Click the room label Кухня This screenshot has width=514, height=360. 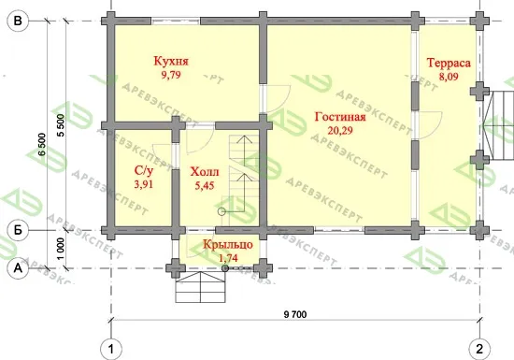click(171, 62)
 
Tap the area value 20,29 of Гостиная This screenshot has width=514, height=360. click(340, 131)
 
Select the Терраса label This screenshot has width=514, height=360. click(449, 63)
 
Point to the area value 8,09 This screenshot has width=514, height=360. click(449, 77)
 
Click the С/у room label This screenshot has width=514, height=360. click(144, 171)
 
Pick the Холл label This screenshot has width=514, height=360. click(205, 172)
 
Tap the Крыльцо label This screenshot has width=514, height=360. click(228, 245)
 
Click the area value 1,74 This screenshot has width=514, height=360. click(228, 258)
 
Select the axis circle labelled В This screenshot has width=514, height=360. click(18, 21)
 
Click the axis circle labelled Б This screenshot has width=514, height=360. click(18, 230)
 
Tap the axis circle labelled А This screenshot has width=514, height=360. click(18, 268)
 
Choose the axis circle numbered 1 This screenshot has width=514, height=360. click(111, 349)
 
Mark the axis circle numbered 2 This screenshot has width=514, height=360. click(479, 349)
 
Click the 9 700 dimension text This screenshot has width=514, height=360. click(295, 315)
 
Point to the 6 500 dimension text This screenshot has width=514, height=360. click(43, 144)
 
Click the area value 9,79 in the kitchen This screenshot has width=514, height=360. click(171, 75)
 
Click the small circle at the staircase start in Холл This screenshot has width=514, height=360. click(221, 211)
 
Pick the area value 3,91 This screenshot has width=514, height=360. click(144, 184)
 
